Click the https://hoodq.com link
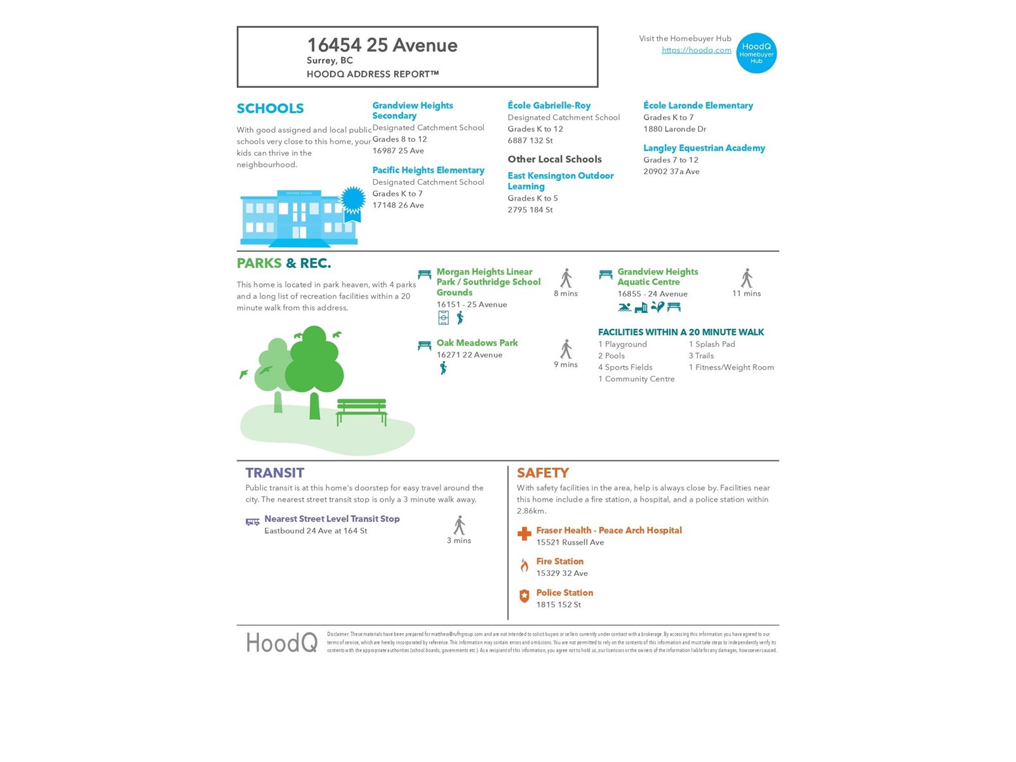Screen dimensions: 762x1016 (696, 50)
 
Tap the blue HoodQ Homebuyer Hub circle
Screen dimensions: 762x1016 (756, 53)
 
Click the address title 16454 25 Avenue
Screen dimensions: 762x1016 (382, 45)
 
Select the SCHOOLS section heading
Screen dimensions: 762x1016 (270, 109)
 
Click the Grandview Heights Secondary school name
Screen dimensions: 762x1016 (412, 110)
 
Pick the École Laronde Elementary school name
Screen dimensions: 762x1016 (698, 105)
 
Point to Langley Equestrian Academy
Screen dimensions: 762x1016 (704, 148)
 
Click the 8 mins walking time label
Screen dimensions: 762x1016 (565, 293)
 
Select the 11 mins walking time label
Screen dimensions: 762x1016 (746, 293)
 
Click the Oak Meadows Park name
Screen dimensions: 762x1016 (477, 343)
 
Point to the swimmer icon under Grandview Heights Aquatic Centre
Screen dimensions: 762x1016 (625, 308)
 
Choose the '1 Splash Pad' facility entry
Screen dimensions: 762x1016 (712, 344)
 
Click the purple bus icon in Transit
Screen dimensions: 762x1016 (253, 522)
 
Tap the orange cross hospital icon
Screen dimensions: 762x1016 (525, 534)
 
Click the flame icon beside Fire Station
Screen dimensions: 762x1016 (525, 566)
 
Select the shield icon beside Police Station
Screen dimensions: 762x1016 (525, 596)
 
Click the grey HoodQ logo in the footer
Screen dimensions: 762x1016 (281, 643)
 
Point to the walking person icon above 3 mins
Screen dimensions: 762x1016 (459, 526)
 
